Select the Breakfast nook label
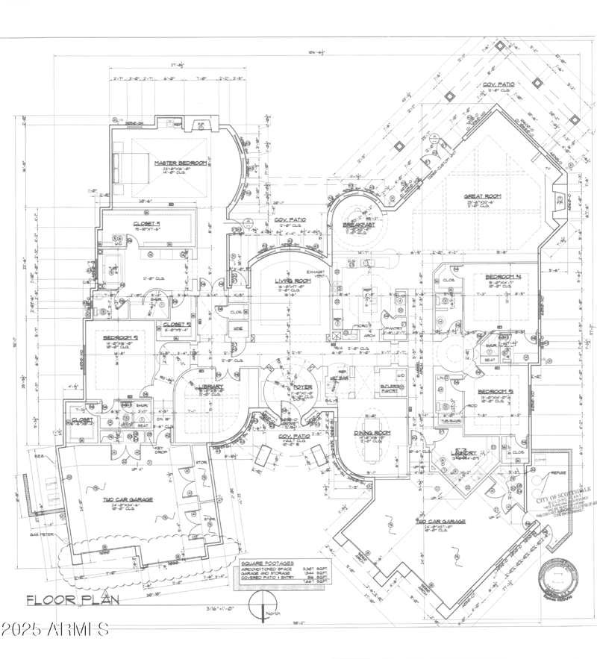357,225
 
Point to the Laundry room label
466,452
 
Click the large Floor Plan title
64,599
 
